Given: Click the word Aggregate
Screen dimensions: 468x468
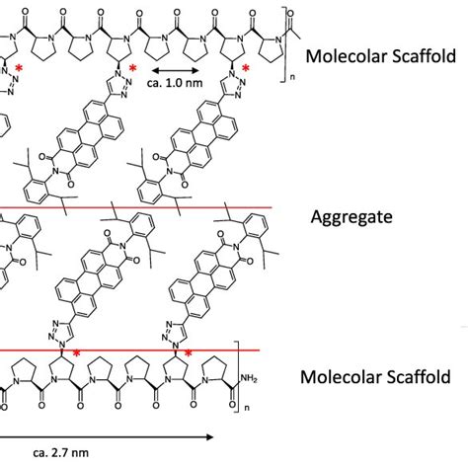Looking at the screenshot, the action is pyautogui.click(x=351, y=217).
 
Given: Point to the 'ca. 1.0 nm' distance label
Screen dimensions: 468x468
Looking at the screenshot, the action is pyautogui.click(x=175, y=83).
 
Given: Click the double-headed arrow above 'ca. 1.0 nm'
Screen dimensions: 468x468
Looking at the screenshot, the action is pyautogui.click(x=175, y=70).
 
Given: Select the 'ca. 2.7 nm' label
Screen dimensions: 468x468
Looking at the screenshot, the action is pyautogui.click(x=61, y=452).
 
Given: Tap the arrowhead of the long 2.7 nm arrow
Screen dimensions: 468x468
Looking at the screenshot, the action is pyautogui.click(x=209, y=437).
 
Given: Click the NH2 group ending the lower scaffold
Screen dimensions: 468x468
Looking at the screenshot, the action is pyautogui.click(x=249, y=378).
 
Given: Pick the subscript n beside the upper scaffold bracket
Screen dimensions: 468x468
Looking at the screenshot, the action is pyautogui.click(x=292, y=78).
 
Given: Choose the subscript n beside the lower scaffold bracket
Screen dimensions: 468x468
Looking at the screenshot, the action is pyautogui.click(x=247, y=408).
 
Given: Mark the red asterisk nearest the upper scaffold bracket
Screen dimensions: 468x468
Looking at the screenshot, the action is pyautogui.click(x=246, y=68).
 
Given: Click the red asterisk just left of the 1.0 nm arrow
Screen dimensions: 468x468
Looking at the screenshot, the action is pyautogui.click(x=132, y=68).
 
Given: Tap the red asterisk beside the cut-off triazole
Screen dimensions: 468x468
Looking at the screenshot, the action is pyautogui.click(x=19, y=68).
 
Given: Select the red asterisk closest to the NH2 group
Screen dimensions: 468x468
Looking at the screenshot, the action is pyautogui.click(x=188, y=354).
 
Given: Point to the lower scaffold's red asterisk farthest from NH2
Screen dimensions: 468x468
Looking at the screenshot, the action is pyautogui.click(x=76, y=354).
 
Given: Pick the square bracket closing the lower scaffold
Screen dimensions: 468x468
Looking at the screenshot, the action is pyautogui.click(x=236, y=376).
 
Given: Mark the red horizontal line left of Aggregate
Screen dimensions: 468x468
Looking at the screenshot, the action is pyautogui.click(x=135, y=207).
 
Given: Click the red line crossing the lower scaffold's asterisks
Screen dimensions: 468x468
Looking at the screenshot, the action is pyautogui.click(x=130, y=351).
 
